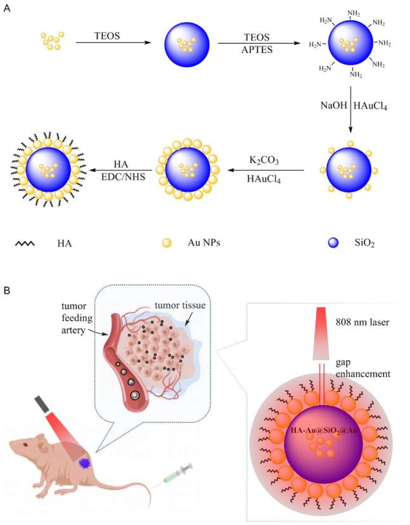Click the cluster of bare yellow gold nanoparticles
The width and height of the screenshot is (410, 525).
pyautogui.click(x=51, y=43)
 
